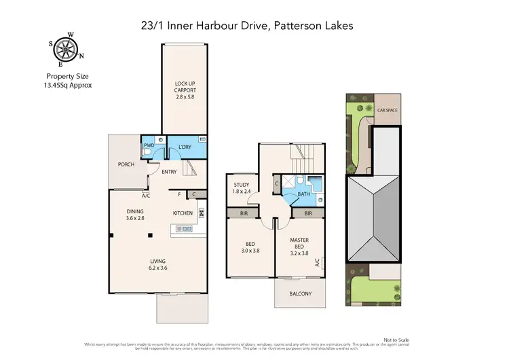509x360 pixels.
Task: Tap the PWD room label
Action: (x=148, y=146)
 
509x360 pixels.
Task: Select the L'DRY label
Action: (x=184, y=147)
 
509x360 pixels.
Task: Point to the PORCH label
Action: (x=126, y=164)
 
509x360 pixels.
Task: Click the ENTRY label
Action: (x=169, y=172)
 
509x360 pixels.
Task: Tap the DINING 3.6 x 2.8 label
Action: (x=136, y=215)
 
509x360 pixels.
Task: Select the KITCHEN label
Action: (x=183, y=213)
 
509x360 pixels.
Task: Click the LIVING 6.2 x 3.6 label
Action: (x=158, y=265)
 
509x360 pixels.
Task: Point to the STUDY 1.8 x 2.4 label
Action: (x=242, y=188)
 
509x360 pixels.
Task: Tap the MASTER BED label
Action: (x=299, y=244)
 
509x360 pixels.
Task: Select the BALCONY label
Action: (x=300, y=293)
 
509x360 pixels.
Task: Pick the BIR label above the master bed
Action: (x=308, y=213)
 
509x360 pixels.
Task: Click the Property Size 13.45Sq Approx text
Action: (x=69, y=82)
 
